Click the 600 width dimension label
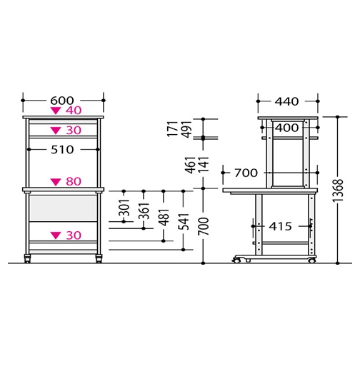coord(61,101)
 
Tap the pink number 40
coord(74,111)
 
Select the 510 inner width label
coord(62,150)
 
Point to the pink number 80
coord(74,181)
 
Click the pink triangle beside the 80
coord(56,182)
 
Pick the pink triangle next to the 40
coord(56,111)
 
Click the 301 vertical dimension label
coord(124,208)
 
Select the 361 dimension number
coord(144,211)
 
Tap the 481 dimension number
coord(164,217)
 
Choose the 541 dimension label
coord(184,222)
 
